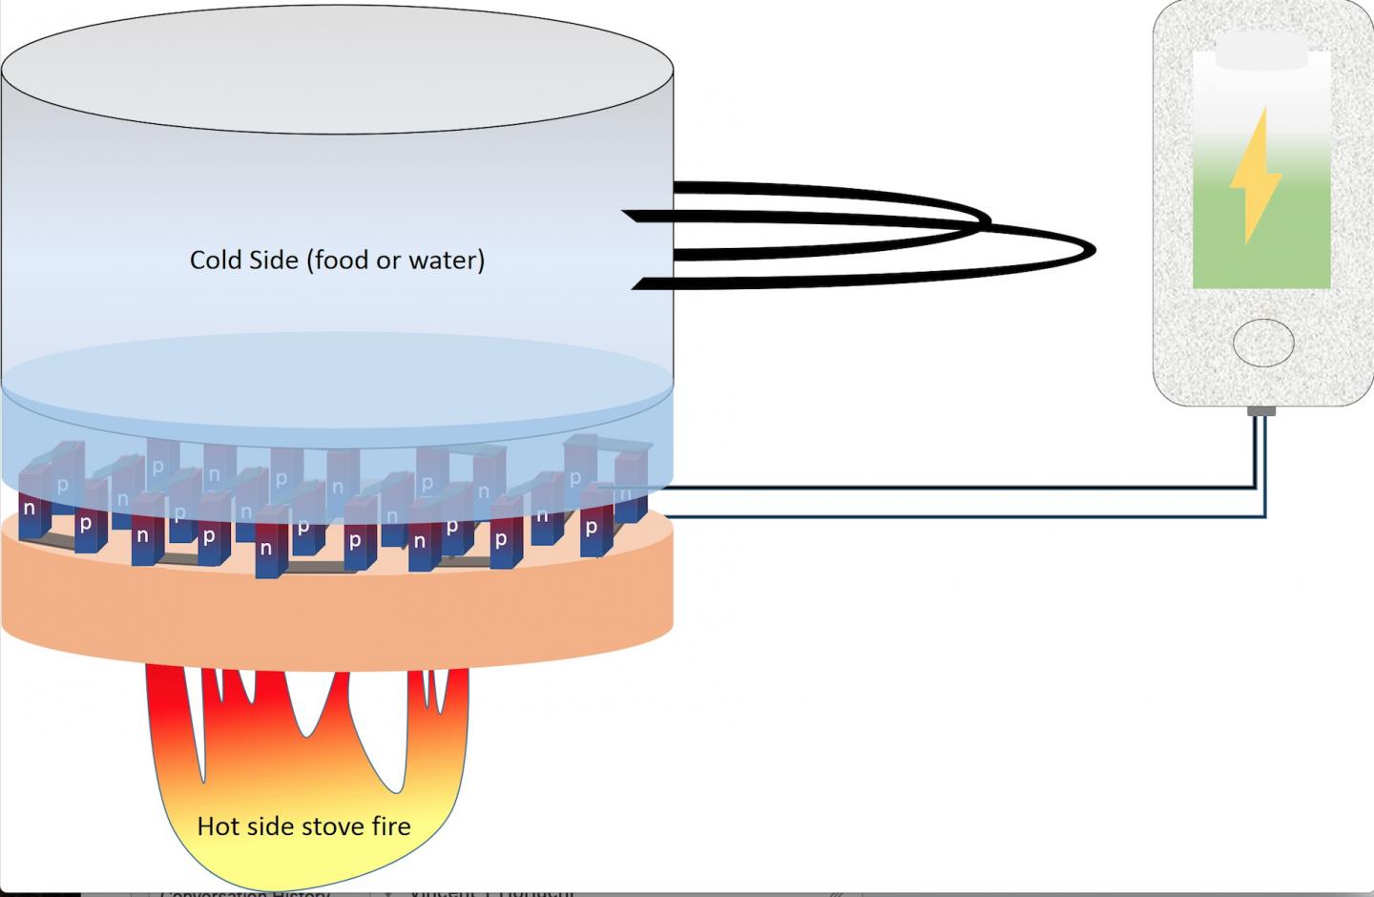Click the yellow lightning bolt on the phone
pos(1255,177)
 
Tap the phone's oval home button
pos(1263,343)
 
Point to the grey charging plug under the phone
pos(1261,411)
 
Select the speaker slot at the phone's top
pos(1261,58)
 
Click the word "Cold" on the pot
pos(217,260)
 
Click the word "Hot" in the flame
pos(216,825)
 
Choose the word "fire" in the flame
pos(389,825)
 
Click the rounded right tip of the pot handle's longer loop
pos(1092,250)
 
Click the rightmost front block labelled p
pos(592,527)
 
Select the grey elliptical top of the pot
pos(337,72)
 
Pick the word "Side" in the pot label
pos(275,260)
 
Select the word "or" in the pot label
pos(387,260)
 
